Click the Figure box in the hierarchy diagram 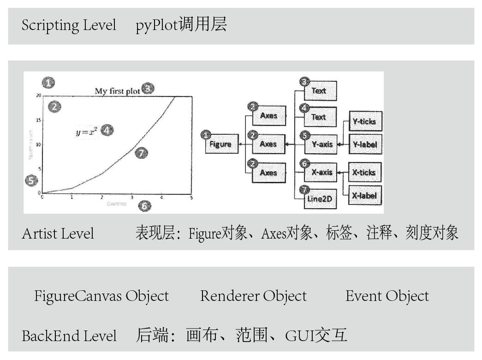220,144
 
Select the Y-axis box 322,144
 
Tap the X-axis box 322,173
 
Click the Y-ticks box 364,122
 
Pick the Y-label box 364,144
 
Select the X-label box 364,195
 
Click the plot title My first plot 117,91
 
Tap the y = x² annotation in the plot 87,132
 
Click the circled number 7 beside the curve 142,153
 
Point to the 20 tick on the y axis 39,95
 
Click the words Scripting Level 69,25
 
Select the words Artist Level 58,234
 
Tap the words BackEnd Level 69,336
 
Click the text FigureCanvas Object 101,296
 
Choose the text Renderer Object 253,296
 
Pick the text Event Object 387,296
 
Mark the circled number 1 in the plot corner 48,83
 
